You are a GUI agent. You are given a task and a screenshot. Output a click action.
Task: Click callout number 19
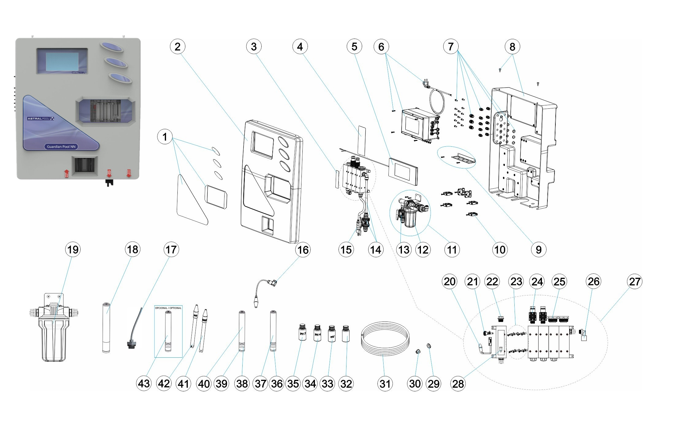[x=73, y=250]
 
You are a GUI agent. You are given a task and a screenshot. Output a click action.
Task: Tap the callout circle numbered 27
[x=634, y=281]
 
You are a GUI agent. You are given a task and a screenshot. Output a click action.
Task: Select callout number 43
[x=144, y=383]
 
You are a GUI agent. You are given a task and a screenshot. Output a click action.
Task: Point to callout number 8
[x=512, y=47]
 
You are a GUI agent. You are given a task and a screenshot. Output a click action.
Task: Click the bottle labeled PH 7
[x=303, y=333]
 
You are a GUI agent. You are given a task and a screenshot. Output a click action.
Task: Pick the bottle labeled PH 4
[x=317, y=333]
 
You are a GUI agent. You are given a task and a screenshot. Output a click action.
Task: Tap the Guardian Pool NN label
[x=61, y=147]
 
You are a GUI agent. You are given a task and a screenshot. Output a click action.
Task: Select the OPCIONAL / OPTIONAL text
[x=168, y=308]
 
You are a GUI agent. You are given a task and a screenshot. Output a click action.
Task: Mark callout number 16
[x=303, y=250]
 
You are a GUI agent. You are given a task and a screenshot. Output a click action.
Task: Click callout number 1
[x=165, y=137]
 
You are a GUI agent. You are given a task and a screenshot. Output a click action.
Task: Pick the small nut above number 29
[x=429, y=346]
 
